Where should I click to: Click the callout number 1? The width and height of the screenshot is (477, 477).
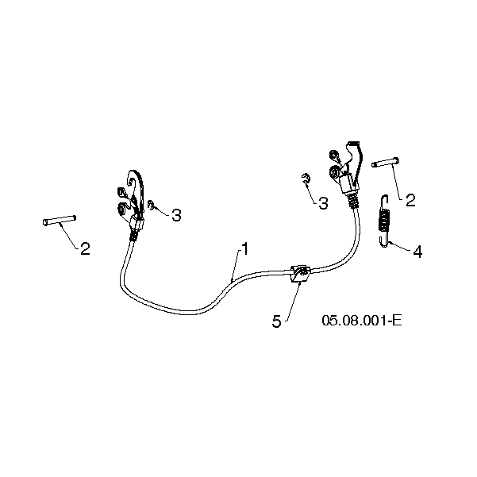(x=244, y=249)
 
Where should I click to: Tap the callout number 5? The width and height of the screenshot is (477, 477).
(x=276, y=321)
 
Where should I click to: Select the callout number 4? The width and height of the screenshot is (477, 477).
(x=417, y=252)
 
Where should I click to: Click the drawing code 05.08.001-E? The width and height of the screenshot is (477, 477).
(x=362, y=321)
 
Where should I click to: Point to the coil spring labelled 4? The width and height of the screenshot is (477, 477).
(x=384, y=221)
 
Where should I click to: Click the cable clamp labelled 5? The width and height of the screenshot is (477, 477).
(x=300, y=274)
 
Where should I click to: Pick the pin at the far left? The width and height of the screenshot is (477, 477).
(x=59, y=221)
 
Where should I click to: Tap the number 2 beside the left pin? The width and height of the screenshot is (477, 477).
(x=85, y=248)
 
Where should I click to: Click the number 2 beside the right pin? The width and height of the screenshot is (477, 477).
(x=410, y=201)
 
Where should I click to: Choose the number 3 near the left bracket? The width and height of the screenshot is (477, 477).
(x=176, y=215)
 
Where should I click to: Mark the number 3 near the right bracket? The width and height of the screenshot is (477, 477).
(x=323, y=203)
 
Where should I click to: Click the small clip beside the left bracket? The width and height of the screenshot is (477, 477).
(x=151, y=205)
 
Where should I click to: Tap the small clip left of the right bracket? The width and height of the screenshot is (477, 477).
(x=306, y=179)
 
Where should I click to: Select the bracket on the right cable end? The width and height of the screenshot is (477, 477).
(x=347, y=167)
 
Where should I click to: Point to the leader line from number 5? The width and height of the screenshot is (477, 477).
(x=294, y=300)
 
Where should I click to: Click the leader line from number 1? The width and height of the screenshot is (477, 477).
(x=236, y=264)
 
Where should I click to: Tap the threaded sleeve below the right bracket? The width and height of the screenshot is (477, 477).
(x=352, y=200)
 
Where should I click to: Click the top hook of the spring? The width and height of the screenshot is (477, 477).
(x=385, y=199)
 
